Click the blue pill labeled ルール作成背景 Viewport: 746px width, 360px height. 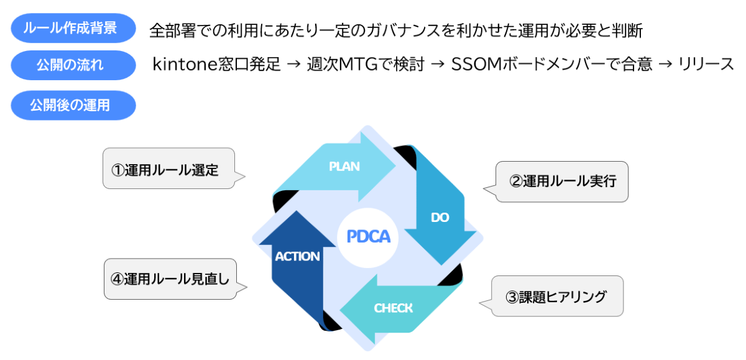tap(73, 28)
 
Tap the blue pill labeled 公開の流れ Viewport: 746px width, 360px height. tap(73, 65)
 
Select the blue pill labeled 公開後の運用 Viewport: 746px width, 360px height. tap(73, 105)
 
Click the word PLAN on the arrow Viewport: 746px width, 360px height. tap(344, 166)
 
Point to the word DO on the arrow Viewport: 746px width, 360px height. tap(440, 217)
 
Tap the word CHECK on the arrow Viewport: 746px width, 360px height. tap(393, 308)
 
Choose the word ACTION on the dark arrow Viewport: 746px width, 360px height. tap(297, 256)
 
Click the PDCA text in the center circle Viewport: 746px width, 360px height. tap(368, 236)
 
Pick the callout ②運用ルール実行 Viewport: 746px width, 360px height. tap(562, 182)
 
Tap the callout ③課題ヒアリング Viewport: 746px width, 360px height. tap(556, 297)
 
